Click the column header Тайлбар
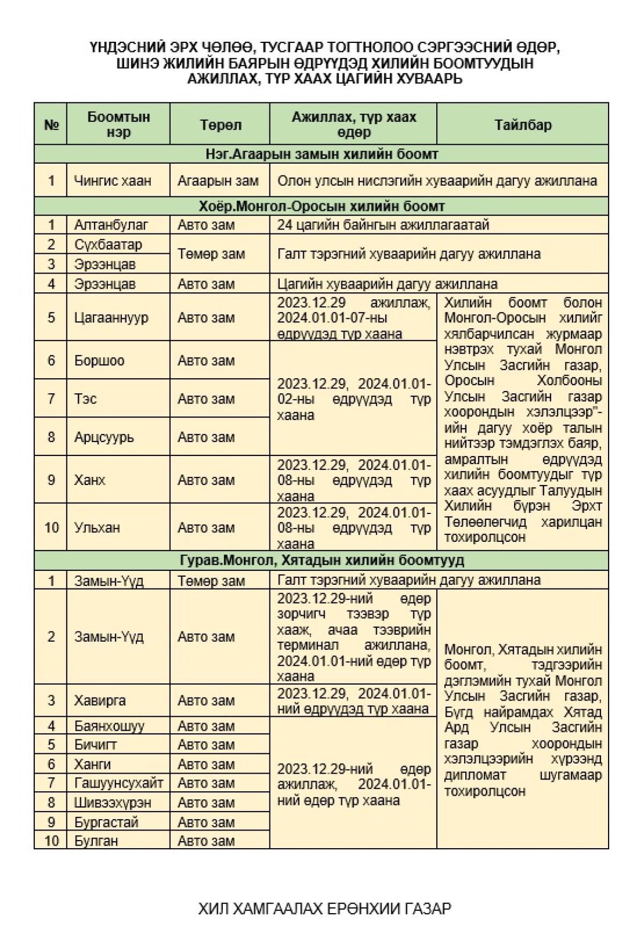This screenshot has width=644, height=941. click(522, 125)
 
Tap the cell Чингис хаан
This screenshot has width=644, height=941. click(113, 181)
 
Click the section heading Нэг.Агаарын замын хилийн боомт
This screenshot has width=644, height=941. click(321, 154)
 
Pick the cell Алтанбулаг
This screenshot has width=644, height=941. click(111, 225)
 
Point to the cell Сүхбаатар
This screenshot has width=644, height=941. click(108, 245)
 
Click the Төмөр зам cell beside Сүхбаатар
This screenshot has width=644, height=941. click(211, 254)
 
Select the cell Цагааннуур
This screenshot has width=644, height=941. click(111, 318)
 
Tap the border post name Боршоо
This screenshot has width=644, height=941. click(99, 361)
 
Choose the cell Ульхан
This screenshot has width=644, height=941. click(97, 528)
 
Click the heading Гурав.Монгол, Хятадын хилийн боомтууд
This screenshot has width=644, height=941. click(321, 561)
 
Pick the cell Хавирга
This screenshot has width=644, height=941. click(100, 701)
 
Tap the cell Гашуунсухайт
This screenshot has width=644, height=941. click(119, 783)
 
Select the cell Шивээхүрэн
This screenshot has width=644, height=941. click(113, 803)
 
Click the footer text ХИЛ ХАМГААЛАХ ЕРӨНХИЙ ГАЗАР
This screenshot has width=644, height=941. click(324, 909)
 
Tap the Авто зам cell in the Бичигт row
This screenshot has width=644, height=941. click(206, 745)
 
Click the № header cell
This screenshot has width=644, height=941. click(51, 125)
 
